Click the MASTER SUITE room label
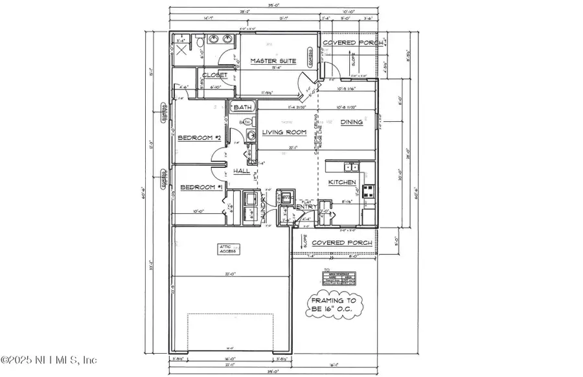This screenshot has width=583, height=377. pos(273,62)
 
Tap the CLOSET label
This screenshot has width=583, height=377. pos(214,75)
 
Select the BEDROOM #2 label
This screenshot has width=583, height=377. pos(200,138)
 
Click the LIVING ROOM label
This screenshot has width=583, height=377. pos(284,133)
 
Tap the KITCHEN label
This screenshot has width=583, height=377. pos(341,183)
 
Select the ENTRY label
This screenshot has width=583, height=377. pos(306,207)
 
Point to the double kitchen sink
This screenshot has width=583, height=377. pos(350,166)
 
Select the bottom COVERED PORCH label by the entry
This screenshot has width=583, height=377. pos(342,243)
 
